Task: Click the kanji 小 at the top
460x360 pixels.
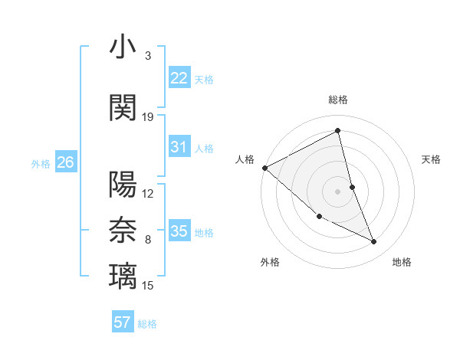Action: tap(123, 47)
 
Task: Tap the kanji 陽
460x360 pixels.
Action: tap(123, 185)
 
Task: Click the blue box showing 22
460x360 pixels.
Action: tap(179, 77)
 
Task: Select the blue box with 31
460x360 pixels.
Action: tap(179, 147)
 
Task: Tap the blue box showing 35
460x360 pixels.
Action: tap(179, 231)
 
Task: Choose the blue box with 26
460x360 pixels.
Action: tap(66, 162)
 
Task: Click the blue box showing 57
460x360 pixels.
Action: tap(123, 322)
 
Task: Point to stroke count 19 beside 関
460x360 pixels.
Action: tap(148, 117)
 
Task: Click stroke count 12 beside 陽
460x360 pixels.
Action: tap(148, 194)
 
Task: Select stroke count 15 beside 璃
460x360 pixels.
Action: tap(148, 286)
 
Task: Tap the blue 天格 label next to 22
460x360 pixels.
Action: tap(204, 79)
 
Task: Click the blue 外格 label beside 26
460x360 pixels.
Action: tap(41, 163)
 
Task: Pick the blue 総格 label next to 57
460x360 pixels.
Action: tap(147, 324)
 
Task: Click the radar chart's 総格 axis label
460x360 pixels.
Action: tap(338, 100)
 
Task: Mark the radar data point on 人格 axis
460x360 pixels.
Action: tap(264, 167)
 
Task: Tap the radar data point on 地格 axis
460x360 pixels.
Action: tap(374, 242)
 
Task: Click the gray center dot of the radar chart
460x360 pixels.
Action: tap(337, 191)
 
